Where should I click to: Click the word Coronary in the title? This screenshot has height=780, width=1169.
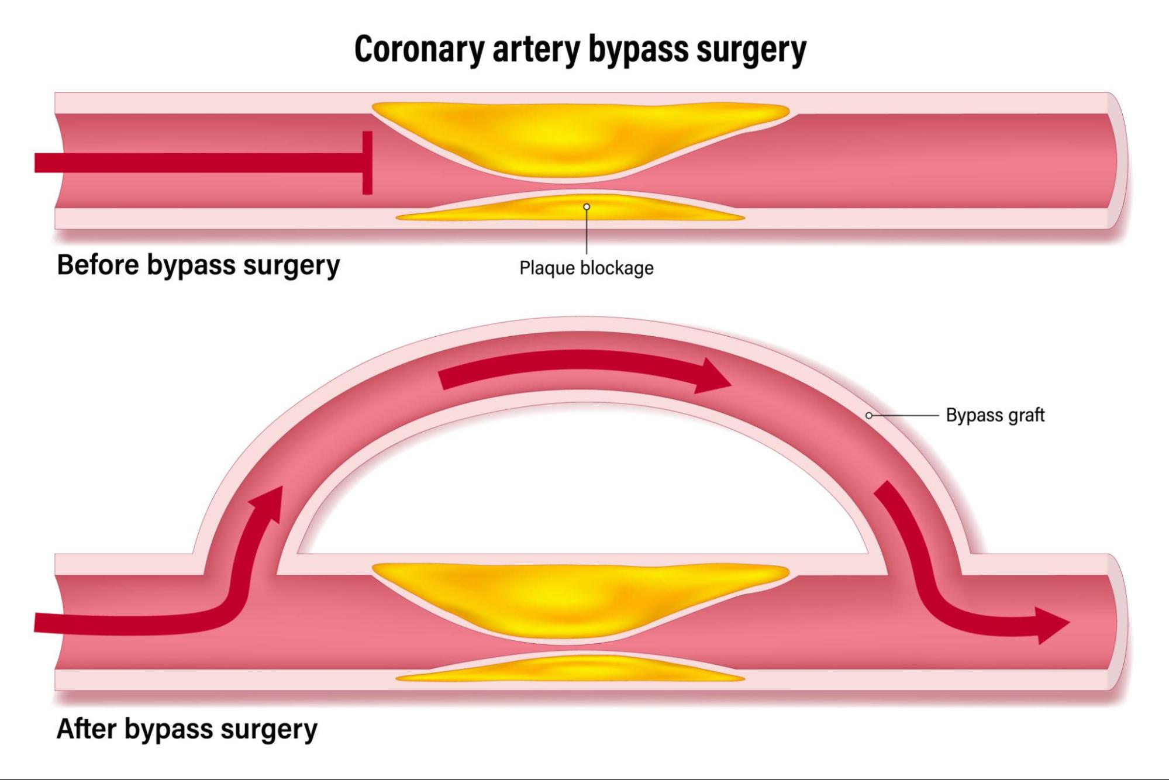point(419,49)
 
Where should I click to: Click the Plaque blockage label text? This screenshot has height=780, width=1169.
point(587,268)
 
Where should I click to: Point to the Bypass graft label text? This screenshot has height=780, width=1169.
point(995,415)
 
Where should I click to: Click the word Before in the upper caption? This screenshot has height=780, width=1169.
point(97,264)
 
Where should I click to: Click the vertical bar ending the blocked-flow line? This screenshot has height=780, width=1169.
point(367,163)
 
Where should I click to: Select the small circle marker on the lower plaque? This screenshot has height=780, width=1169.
point(587,206)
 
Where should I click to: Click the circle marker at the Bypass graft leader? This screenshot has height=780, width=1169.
point(869,415)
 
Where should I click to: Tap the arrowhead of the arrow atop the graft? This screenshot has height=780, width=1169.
point(711,376)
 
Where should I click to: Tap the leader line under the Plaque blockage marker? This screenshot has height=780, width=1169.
point(587,232)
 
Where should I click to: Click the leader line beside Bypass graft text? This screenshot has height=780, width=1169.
point(905,415)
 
